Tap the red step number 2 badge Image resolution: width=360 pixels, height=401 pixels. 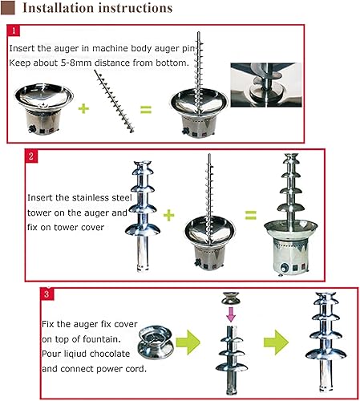(31, 156)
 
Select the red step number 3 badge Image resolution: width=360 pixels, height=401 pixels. (49, 294)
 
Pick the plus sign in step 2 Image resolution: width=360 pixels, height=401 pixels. (168, 214)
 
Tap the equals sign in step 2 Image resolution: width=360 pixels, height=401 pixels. (250, 214)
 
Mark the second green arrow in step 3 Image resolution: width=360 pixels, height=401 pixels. (275, 344)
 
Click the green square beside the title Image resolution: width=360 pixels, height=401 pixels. (6, 9)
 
